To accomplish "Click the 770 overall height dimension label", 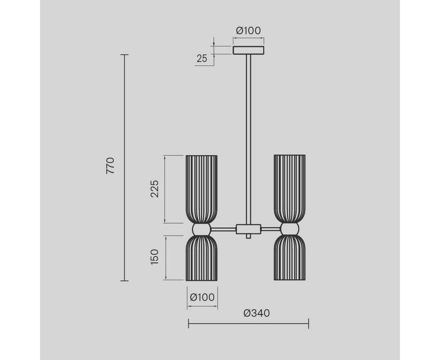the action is click(x=111, y=166).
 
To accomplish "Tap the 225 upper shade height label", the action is click(x=155, y=189).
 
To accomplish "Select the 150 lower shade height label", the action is click(x=155, y=257).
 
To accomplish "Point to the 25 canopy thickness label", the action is click(x=202, y=58).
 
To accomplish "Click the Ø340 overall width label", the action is click(x=256, y=313).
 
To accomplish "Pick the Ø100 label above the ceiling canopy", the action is click(x=248, y=30).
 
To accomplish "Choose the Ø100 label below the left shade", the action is click(x=202, y=297).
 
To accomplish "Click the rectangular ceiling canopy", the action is click(x=248, y=50).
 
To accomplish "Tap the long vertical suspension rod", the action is click(x=248, y=139).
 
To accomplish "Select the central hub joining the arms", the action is click(x=249, y=229).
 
